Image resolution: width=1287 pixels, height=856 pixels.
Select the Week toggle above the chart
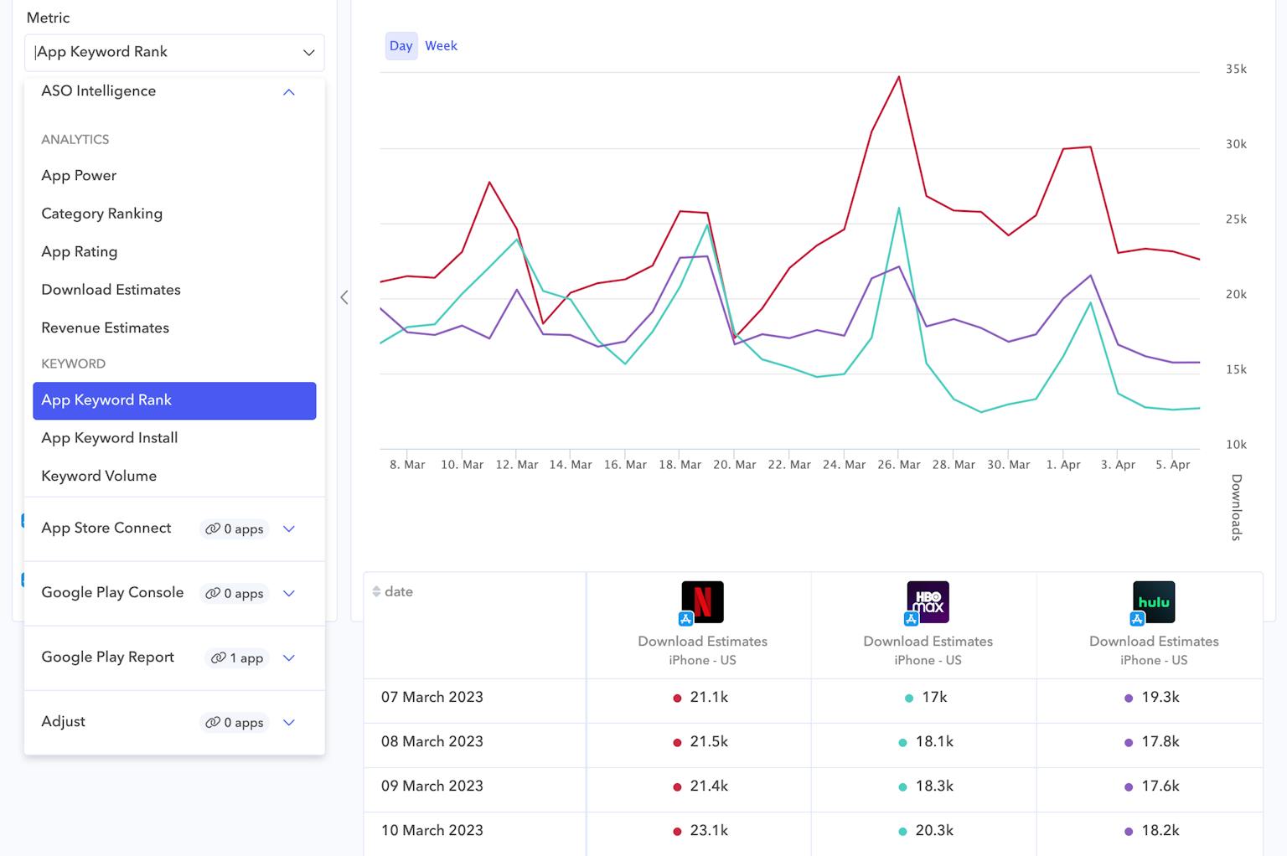[441, 46]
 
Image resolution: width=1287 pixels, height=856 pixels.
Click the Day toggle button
[401, 46]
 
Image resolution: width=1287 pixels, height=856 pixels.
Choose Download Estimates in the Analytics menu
[111, 290]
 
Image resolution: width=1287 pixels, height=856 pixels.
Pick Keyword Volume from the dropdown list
[99, 476]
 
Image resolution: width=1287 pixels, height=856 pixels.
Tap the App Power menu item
[79, 176]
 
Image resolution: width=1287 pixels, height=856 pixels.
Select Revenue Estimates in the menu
[105, 328]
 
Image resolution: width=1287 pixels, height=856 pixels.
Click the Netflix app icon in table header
[702, 602]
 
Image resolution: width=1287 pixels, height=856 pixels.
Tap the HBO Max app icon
[928, 602]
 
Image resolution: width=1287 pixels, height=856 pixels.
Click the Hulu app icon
[1153, 602]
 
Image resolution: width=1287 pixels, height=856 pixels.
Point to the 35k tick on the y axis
[1236, 70]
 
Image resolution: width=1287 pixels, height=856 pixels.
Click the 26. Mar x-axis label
[898, 465]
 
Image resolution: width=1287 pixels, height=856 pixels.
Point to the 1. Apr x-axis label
[1063, 465]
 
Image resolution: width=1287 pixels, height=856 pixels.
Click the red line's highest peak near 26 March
[899, 77]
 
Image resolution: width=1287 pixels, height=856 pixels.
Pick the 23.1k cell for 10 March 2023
[708, 831]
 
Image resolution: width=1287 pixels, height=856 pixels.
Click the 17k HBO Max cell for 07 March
[933, 698]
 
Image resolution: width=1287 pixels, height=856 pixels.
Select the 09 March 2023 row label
[432, 786]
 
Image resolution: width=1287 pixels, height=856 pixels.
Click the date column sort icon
[376, 592]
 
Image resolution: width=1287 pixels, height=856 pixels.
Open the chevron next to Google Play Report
[289, 658]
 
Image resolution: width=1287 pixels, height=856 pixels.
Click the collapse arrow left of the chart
[344, 297]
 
